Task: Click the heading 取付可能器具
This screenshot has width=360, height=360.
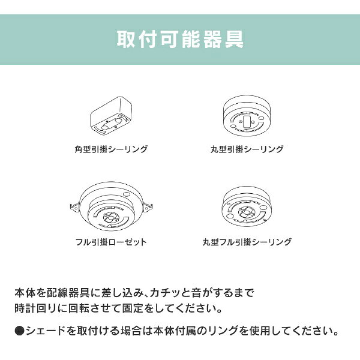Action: point(180,39)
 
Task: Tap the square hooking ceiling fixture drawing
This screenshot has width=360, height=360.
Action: point(112,116)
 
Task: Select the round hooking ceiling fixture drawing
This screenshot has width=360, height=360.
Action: point(247,116)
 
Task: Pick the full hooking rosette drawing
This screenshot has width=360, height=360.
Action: point(112,206)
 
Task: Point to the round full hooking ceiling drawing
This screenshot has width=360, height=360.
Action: point(247,206)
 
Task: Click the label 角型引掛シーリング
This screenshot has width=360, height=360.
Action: point(111,149)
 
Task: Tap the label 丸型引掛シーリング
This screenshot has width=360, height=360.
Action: point(247,149)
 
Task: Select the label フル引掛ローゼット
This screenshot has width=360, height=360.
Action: point(111,242)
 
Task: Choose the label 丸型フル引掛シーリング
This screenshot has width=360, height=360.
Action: point(247,242)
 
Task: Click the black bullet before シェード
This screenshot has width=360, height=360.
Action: point(19,331)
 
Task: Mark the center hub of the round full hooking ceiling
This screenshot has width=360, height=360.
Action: point(246,212)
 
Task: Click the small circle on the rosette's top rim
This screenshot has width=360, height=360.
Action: point(126,194)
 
